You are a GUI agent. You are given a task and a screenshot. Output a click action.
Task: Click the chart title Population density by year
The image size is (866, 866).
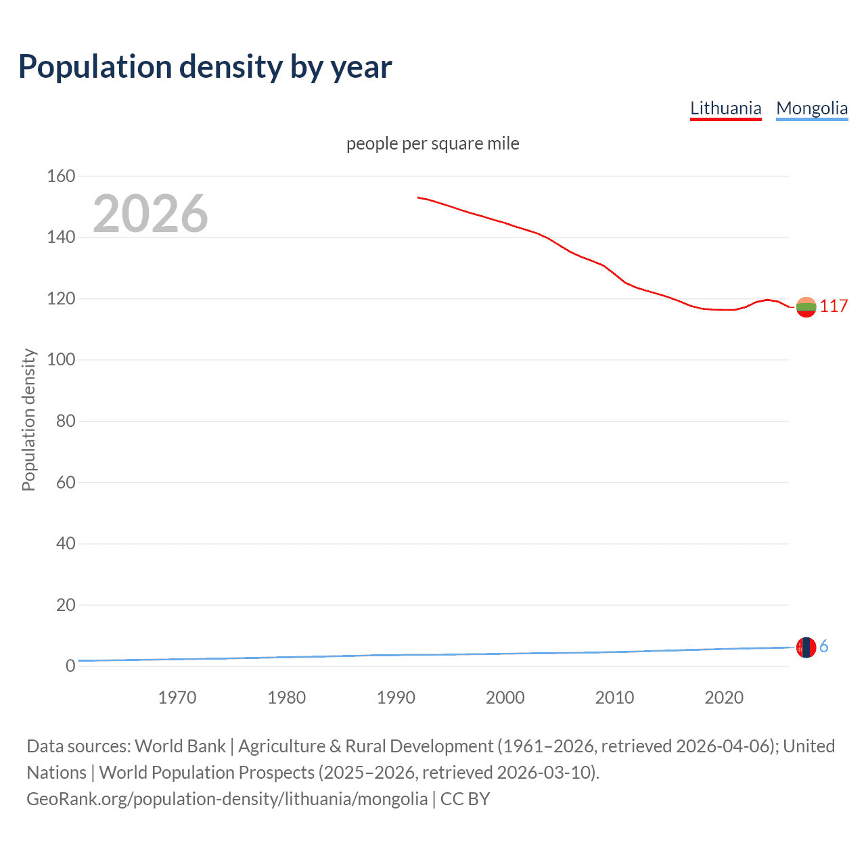click(205, 67)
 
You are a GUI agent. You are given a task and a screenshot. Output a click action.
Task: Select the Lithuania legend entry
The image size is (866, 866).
click(725, 108)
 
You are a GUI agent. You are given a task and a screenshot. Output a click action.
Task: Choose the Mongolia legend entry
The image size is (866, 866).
click(811, 108)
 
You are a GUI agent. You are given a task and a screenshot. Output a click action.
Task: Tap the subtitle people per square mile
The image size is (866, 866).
click(432, 143)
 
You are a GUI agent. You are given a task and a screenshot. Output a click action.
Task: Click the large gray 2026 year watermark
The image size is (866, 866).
click(150, 214)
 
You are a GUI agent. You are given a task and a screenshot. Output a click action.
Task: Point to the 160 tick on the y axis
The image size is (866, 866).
click(61, 176)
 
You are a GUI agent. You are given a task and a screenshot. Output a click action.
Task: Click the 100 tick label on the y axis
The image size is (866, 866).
click(61, 360)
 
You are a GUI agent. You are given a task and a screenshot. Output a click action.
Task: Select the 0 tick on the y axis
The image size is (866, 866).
click(70, 666)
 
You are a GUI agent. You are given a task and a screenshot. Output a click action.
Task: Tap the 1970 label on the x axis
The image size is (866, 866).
click(177, 698)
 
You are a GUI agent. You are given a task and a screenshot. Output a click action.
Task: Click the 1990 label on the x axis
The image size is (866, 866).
click(396, 698)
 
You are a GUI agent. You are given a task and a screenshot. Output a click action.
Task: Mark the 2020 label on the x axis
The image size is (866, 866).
click(724, 698)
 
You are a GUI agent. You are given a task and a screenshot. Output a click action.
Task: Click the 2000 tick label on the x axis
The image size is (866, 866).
click(505, 698)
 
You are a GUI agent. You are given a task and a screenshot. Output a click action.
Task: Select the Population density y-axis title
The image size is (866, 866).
click(28, 419)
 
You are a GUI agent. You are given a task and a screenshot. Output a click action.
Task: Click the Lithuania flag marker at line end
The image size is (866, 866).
click(806, 307)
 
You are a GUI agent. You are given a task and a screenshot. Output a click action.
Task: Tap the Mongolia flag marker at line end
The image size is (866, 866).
click(806, 647)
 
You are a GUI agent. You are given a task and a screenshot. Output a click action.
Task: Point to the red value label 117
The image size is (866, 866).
click(834, 306)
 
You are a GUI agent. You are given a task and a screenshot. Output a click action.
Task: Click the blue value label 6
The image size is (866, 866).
click(823, 647)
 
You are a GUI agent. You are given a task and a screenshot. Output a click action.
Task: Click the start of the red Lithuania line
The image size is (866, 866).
click(419, 198)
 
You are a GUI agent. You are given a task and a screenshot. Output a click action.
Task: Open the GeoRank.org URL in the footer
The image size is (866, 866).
click(227, 799)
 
